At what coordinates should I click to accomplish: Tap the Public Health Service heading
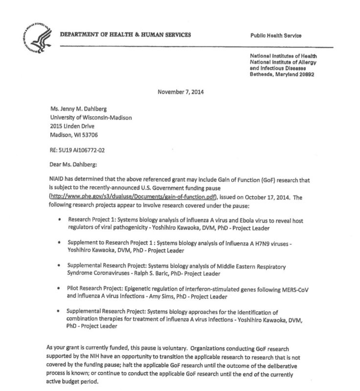276,36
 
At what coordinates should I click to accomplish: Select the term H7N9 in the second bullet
257,242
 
